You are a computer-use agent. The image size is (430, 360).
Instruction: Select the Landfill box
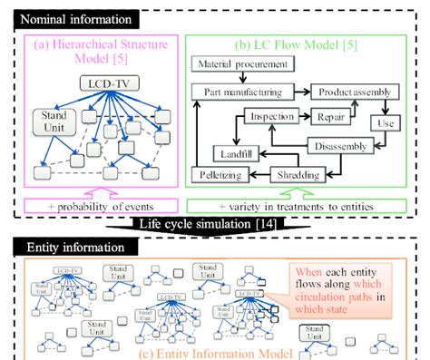coord(238,151)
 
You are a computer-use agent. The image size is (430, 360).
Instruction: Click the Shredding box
coord(295,172)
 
